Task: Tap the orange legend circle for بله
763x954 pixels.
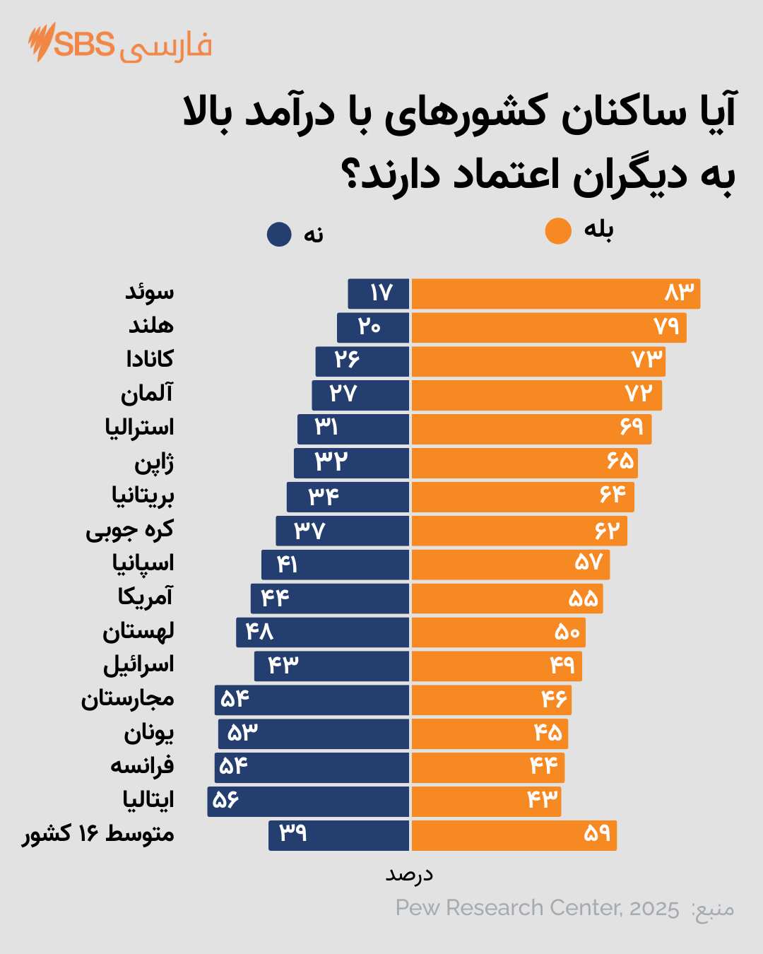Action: click(558, 231)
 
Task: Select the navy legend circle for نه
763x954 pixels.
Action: click(279, 235)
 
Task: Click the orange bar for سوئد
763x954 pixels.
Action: click(555, 294)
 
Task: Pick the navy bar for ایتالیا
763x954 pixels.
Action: click(308, 801)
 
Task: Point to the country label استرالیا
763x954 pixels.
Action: click(139, 428)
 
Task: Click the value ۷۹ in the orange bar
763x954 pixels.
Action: click(666, 326)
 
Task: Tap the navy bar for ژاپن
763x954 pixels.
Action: click(351, 463)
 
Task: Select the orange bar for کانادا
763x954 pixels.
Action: click(538, 362)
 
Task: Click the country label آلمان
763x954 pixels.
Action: click(146, 394)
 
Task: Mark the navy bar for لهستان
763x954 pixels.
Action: click(322, 632)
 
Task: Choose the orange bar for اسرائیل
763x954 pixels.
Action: click(496, 666)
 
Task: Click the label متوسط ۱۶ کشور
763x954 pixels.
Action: click(98, 835)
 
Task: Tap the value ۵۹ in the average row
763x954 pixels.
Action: click(597, 834)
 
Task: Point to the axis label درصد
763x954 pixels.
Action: click(409, 875)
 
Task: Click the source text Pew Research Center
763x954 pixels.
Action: click(537, 908)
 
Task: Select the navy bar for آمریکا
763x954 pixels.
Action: click(329, 599)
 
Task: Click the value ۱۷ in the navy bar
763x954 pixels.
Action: click(381, 293)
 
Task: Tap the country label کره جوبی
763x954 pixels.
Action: click(129, 530)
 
